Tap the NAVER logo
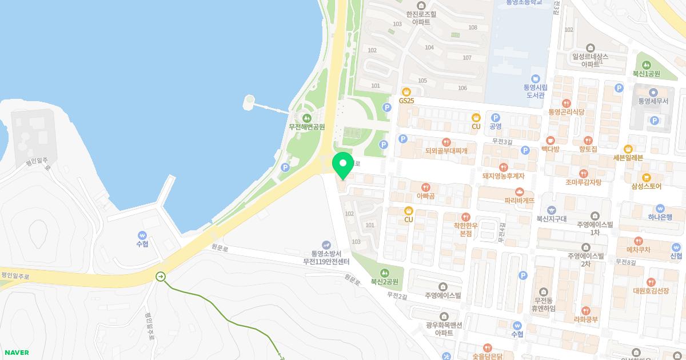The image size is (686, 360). [x=15, y=353]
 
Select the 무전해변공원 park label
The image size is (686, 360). [x=307, y=126]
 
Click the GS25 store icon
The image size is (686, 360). [x=406, y=91]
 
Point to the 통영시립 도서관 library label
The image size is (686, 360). [x=536, y=91]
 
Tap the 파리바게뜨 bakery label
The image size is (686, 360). [x=520, y=201]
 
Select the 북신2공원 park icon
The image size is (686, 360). [x=384, y=273]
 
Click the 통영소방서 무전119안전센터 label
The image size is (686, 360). [x=326, y=257]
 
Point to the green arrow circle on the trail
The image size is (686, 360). [x=161, y=277]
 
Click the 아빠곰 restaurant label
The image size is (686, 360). [x=426, y=196]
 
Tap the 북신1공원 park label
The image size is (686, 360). [x=646, y=74]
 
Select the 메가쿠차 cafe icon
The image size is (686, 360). [x=639, y=241]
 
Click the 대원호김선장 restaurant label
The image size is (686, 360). [x=651, y=290]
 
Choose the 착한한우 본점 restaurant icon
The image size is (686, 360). [x=466, y=217]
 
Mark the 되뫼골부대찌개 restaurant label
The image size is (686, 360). [x=446, y=151]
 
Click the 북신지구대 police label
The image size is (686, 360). [x=551, y=218]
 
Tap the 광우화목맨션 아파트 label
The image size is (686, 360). [x=444, y=329]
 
